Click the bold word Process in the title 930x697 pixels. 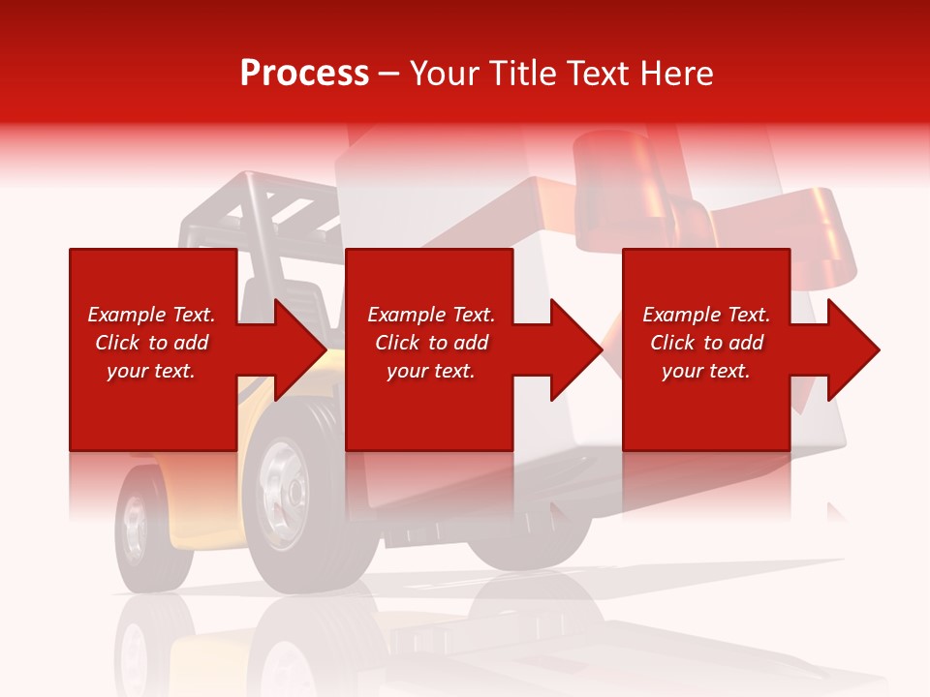304,74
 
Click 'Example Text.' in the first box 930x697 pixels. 151,315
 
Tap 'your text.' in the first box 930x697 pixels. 151,371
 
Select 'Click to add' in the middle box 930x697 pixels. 431,343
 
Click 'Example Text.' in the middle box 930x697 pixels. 431,315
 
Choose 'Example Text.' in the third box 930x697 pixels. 706,315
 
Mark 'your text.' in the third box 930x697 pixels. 706,371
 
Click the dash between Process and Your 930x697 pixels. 389,75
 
